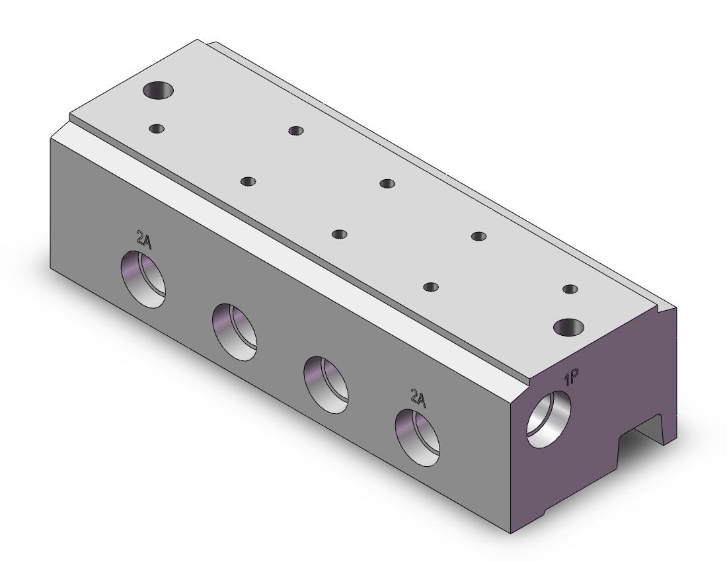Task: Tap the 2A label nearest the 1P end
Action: tap(418, 398)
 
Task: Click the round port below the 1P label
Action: tap(549, 420)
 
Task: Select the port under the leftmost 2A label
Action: tap(143, 279)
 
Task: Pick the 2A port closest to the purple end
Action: tap(417, 437)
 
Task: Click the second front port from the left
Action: tap(235, 332)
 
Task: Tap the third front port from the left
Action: tap(326, 385)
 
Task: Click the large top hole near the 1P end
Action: tap(569, 328)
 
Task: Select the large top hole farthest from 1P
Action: tap(158, 89)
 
